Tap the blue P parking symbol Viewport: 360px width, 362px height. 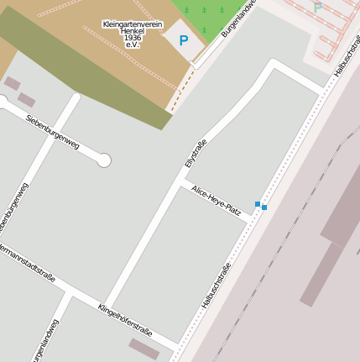point(184,39)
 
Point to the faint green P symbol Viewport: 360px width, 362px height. point(317,8)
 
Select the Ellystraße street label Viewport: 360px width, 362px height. point(195,152)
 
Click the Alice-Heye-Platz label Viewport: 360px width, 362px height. point(217,201)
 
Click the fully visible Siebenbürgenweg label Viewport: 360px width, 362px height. point(52,132)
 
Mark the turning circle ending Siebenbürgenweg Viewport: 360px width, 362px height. point(104,160)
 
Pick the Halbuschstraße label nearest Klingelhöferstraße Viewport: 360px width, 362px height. point(216,285)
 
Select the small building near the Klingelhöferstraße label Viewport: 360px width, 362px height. point(143,349)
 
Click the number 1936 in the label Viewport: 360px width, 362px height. point(133,38)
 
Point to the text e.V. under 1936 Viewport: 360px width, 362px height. point(133,45)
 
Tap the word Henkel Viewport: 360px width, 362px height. point(133,31)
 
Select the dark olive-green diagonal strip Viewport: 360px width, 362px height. point(84,71)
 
